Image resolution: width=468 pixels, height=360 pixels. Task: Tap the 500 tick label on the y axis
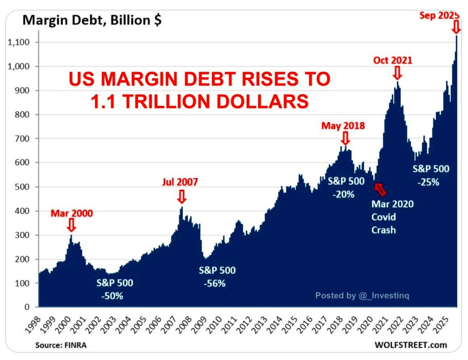[x=26, y=187]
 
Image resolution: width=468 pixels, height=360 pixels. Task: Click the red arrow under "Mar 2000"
[x=71, y=225]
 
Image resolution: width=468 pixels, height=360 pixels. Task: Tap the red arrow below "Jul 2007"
[x=182, y=197]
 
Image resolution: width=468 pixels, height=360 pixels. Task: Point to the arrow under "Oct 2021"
[x=397, y=73]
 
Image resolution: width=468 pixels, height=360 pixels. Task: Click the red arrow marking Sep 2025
[x=456, y=27]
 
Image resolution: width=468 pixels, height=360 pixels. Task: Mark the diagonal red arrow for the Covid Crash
[x=380, y=188]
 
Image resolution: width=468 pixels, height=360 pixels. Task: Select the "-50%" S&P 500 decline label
[x=113, y=296]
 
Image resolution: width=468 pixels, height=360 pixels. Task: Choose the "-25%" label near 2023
[x=428, y=182]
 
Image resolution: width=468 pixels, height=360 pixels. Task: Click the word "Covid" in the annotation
[x=384, y=217]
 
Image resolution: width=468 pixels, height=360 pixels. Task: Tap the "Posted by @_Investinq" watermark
[x=362, y=295]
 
